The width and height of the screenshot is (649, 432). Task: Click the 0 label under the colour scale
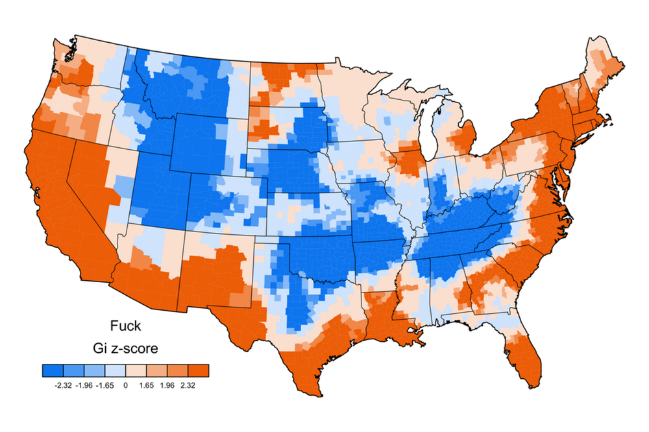click(x=126, y=384)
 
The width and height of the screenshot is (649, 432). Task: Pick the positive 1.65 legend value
click(x=147, y=384)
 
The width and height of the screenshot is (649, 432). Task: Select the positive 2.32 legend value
click(x=188, y=384)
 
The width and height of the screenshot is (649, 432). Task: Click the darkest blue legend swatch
click(x=53, y=370)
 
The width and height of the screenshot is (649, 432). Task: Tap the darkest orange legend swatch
click(x=199, y=370)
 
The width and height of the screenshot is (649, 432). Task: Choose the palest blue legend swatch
click(x=116, y=370)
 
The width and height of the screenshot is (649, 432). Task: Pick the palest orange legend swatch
click(x=136, y=370)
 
